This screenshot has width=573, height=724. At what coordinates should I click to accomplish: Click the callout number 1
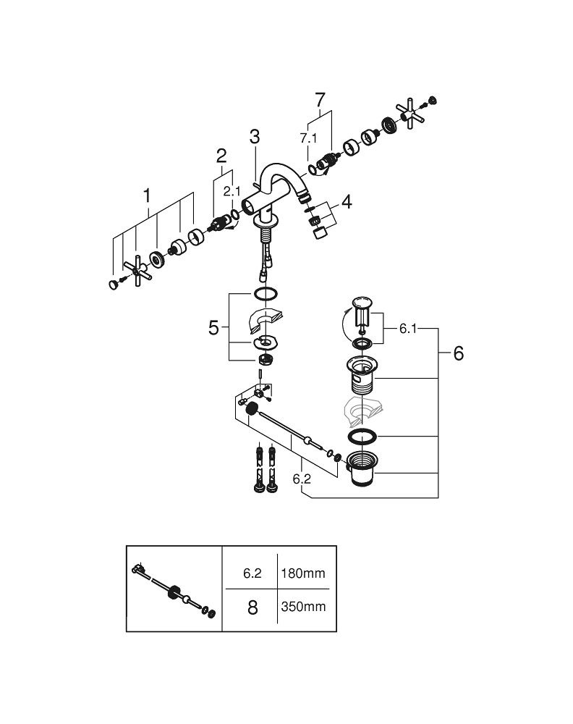click(x=148, y=195)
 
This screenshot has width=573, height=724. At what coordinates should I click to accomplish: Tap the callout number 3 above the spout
click(x=253, y=135)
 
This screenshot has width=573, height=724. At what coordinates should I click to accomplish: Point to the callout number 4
click(x=347, y=202)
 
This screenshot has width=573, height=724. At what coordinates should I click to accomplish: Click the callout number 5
click(x=213, y=328)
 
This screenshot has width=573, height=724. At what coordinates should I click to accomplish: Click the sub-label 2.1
click(x=232, y=191)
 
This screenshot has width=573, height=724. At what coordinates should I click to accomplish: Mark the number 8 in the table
click(x=252, y=607)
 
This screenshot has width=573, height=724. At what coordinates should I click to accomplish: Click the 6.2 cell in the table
click(x=252, y=573)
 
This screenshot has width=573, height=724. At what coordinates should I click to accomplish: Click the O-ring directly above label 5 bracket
click(x=266, y=294)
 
